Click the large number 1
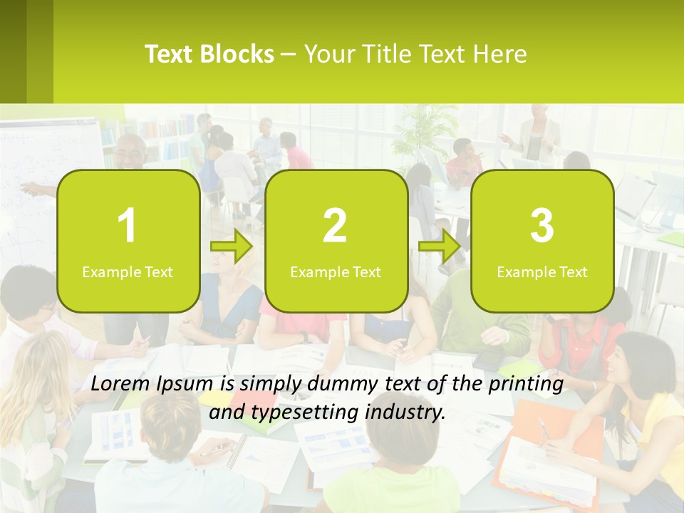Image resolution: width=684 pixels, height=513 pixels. pyautogui.click(x=127, y=226)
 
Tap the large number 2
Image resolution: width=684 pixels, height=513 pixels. pyautogui.click(x=335, y=226)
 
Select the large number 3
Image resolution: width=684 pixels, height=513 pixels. pyautogui.click(x=542, y=226)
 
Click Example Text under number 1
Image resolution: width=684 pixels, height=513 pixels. pyautogui.click(x=128, y=271)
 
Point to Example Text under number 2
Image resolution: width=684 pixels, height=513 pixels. pyautogui.click(x=336, y=271)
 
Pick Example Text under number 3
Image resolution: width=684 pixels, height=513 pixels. pyautogui.click(x=542, y=271)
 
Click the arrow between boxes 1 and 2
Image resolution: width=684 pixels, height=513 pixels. pyautogui.click(x=232, y=247)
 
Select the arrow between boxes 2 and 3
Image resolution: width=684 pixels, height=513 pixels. pyautogui.click(x=440, y=247)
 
